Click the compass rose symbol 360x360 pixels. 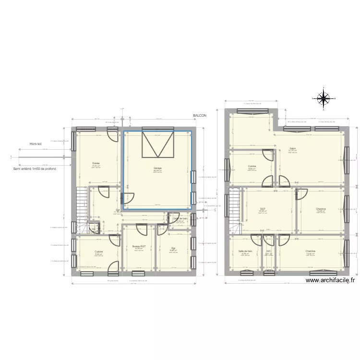point(324,98)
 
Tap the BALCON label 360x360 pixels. point(199,116)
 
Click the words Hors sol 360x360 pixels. point(36,144)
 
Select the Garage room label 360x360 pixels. point(157,168)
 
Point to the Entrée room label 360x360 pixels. point(96,163)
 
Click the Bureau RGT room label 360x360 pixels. point(139,246)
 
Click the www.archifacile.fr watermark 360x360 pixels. point(330,281)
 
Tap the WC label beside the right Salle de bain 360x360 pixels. point(268,251)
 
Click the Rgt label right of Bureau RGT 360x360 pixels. point(173,248)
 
